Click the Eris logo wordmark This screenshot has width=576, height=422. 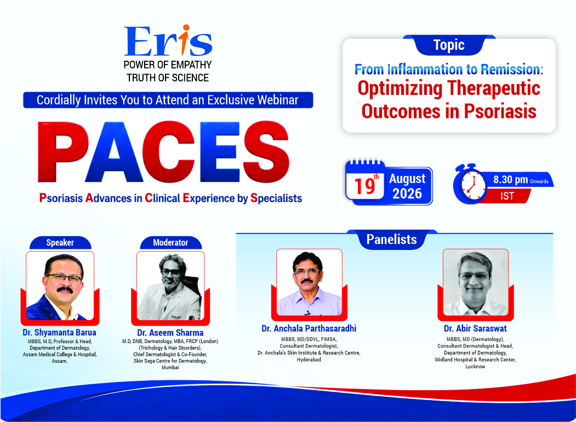click(168, 41)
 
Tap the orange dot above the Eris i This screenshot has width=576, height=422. click(186, 27)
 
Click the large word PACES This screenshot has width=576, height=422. click(164, 152)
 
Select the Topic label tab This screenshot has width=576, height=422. click(449, 45)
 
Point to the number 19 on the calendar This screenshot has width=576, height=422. click(365, 186)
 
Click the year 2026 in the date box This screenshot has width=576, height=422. click(407, 193)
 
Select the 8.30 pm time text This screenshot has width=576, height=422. click(510, 180)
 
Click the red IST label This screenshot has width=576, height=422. click(507, 196)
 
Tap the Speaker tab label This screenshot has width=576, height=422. click(60, 243)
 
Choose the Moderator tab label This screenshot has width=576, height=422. click(170, 243)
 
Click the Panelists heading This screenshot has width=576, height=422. click(392, 239)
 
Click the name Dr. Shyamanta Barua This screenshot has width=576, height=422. click(60, 332)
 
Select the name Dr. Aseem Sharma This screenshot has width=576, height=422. click(170, 333)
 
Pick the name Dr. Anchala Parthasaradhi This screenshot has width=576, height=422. click(309, 328)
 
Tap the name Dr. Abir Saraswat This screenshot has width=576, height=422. click(475, 328)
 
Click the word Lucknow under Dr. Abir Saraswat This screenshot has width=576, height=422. click(475, 367)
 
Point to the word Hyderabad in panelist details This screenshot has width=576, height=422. click(309, 360)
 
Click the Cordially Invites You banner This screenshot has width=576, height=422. click(168, 100)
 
